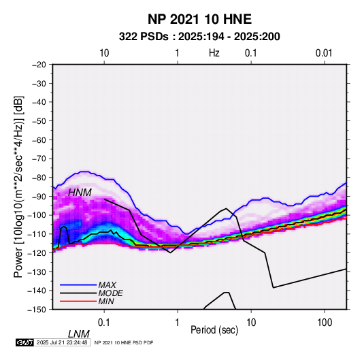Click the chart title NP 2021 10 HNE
(x=199, y=19)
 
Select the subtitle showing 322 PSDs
(x=199, y=37)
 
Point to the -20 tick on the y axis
(x=39, y=65)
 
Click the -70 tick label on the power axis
(x=39, y=159)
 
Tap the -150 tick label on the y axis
(x=37, y=310)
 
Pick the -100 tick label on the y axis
(x=37, y=215)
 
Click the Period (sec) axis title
(x=214, y=330)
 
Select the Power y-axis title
(x=18, y=187)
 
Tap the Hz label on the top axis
(x=214, y=53)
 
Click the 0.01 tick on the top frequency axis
(x=324, y=53)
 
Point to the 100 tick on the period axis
(x=325, y=323)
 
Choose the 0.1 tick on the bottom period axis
(x=104, y=323)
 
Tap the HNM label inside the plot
(x=80, y=193)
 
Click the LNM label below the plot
(x=79, y=334)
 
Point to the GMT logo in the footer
(x=24, y=342)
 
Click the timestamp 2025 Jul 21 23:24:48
(x=62, y=342)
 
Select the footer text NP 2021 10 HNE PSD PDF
(x=124, y=342)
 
